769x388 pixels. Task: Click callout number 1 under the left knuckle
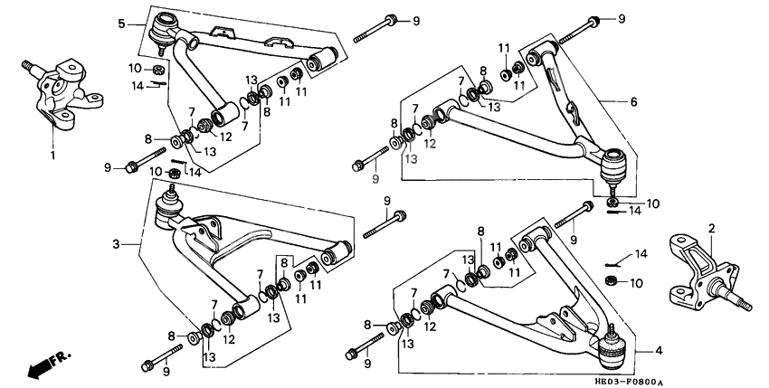coord(52,155)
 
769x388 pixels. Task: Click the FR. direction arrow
coord(48,365)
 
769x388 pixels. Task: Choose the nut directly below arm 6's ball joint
coord(613,201)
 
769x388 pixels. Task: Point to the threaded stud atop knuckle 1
coord(27,64)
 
